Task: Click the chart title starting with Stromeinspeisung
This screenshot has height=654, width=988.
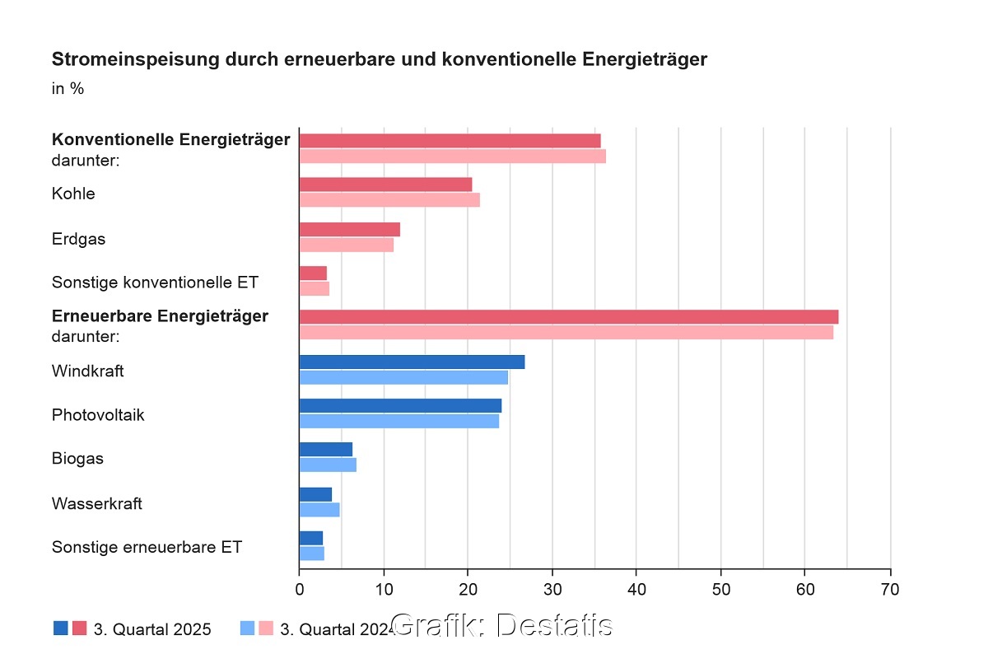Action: pos(380,59)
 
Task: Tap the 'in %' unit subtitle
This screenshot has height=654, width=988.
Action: pos(68,88)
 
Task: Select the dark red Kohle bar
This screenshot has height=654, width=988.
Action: pos(385,185)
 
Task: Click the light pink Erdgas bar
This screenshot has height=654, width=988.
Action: pos(346,245)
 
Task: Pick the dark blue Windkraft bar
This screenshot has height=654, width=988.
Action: pos(412,362)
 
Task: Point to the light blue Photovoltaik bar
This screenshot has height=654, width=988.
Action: pos(398,421)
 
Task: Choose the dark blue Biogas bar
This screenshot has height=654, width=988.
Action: pos(325,449)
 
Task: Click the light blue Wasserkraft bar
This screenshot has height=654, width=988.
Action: pos(319,510)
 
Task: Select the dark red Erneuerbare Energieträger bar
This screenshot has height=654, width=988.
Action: pos(568,317)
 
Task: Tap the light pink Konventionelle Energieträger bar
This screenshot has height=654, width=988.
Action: pos(452,156)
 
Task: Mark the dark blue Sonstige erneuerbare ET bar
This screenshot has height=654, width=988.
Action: pos(310,538)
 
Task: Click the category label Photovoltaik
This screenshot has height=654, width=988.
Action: pos(98,415)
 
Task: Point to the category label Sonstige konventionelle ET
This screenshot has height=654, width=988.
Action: pos(155,283)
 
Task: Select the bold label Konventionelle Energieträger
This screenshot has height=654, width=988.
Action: pos(170,139)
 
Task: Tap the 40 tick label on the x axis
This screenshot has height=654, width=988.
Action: pos(636,590)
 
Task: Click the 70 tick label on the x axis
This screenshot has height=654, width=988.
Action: pos(890,590)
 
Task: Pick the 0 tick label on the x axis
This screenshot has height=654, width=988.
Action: pos(299,590)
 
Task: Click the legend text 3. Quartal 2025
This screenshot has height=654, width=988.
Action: pos(152,630)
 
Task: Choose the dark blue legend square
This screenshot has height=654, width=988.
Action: pos(61,628)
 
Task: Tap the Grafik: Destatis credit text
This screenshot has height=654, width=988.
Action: pos(501,625)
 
